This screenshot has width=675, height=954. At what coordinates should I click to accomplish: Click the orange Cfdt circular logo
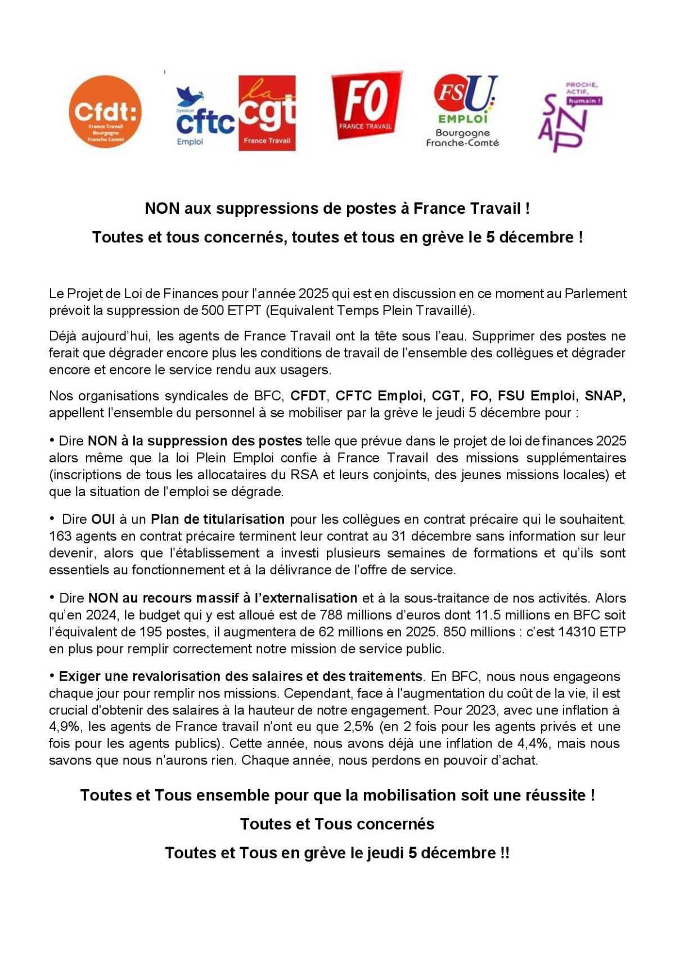pyautogui.click(x=105, y=112)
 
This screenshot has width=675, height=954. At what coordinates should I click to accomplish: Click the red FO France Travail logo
pyautogui.click(x=366, y=105)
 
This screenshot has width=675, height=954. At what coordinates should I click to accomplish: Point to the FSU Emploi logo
pyautogui.click(x=463, y=111)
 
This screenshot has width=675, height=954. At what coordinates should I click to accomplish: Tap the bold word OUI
pyautogui.click(x=103, y=519)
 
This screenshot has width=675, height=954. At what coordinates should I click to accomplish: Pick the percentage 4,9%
pyautogui.click(x=66, y=727)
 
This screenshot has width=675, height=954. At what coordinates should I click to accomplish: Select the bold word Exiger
pyautogui.click(x=78, y=676)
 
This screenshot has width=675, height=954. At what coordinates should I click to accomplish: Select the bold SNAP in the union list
pyautogui.click(x=605, y=396)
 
